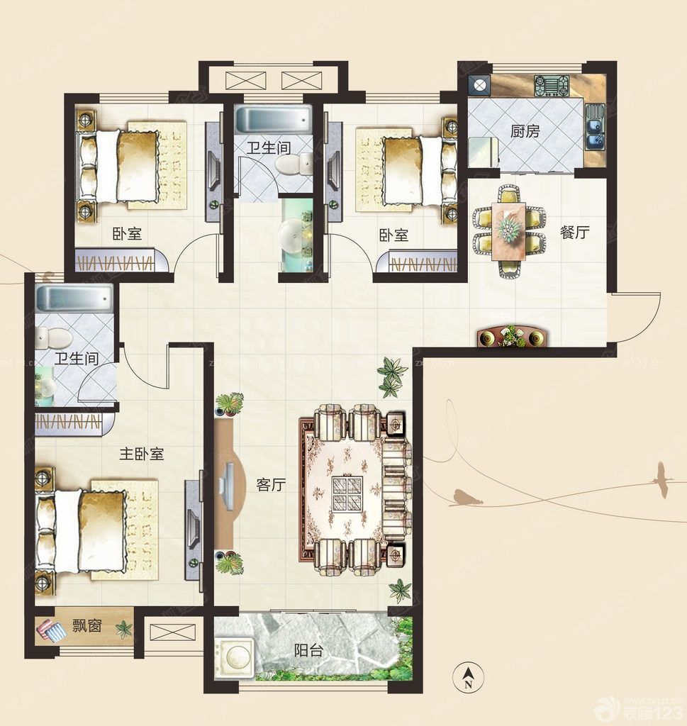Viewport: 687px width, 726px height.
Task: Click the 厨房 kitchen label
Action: tap(525, 131)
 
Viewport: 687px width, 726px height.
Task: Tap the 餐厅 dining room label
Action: tap(575, 232)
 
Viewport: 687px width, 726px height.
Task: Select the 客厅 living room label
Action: tap(272, 485)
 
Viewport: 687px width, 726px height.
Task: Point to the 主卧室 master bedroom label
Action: tap(142, 454)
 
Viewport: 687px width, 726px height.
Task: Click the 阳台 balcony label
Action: tap(308, 651)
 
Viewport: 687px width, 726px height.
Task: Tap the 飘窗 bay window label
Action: tap(87, 626)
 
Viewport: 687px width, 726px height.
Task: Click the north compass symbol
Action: tap(469, 675)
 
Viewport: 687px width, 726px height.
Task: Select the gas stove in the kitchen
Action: tap(551, 86)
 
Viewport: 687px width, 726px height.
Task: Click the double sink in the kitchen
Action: tap(594, 127)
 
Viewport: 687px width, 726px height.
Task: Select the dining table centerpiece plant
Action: tap(508, 227)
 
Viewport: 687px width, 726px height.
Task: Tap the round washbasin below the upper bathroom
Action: tap(292, 237)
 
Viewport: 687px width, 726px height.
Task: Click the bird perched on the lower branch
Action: tap(467, 498)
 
